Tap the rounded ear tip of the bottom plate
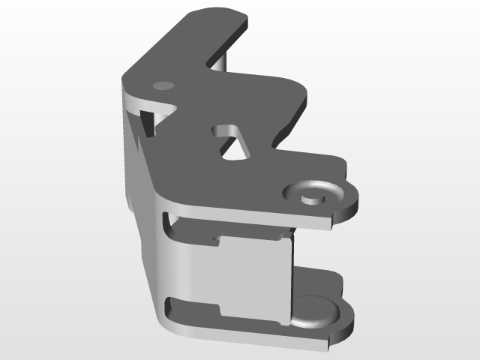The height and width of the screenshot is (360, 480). (347, 319)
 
